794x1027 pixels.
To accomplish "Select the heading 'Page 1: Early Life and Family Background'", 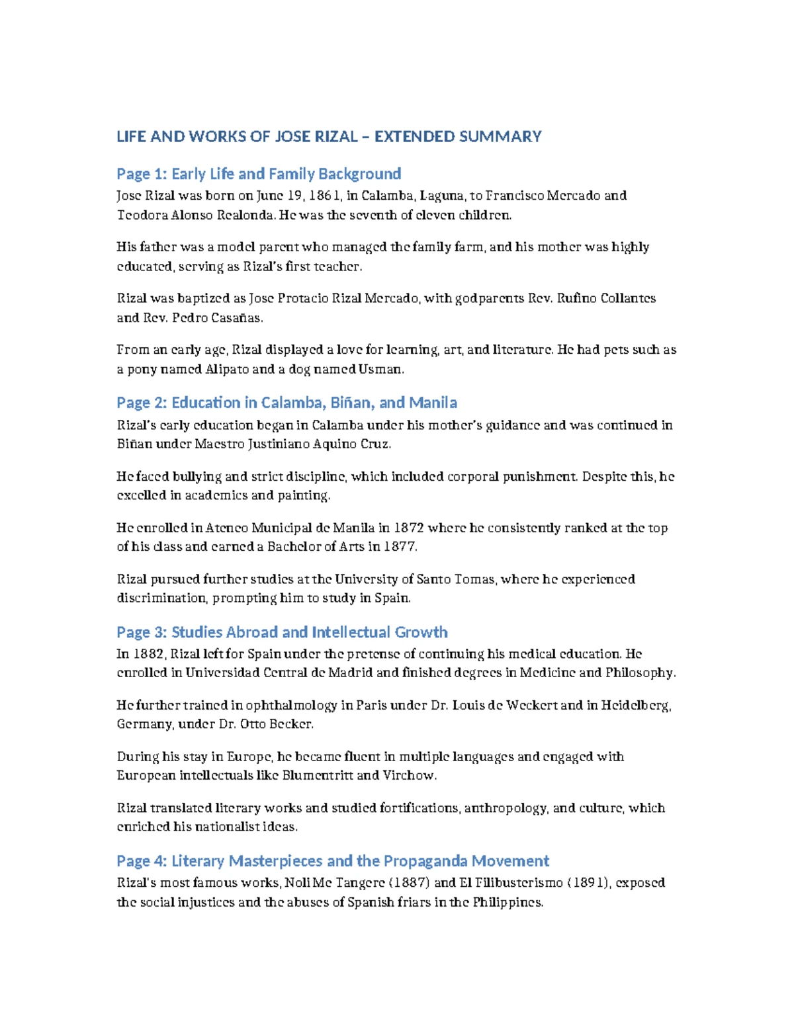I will coord(259,174).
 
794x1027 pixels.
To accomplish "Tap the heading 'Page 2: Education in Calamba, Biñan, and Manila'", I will coord(287,403).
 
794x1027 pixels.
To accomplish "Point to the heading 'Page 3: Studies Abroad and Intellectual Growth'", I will coord(282,632).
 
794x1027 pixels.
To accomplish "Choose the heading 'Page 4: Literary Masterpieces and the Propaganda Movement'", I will coord(333,861).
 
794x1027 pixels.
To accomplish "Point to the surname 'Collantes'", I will coord(628,298).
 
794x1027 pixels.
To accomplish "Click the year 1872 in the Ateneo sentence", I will coord(409,528).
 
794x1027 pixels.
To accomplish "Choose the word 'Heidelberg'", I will coord(636,705).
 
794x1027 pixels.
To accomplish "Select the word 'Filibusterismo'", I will coord(523,883).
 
